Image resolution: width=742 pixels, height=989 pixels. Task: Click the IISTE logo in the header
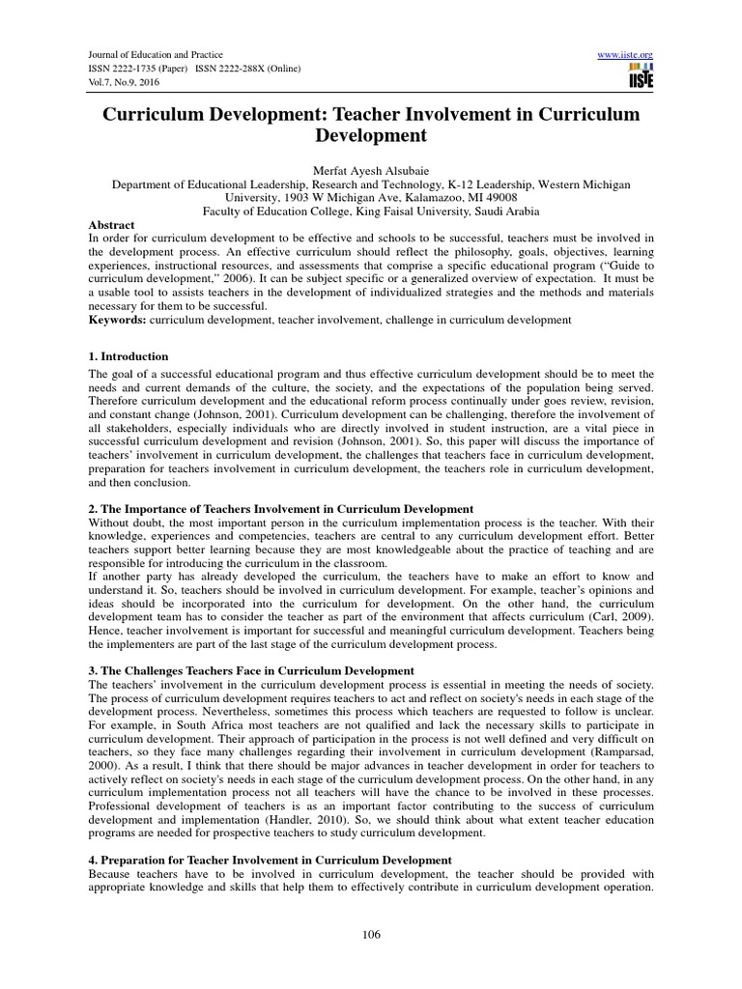(x=639, y=78)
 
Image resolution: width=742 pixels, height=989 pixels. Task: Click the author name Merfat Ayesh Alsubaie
(x=370, y=171)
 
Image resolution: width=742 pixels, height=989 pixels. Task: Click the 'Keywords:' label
(x=117, y=319)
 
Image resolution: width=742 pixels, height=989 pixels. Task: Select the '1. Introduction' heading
(x=128, y=356)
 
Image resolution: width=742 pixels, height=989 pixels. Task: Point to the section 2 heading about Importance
(x=280, y=508)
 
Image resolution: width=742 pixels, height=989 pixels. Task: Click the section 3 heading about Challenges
(x=251, y=670)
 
